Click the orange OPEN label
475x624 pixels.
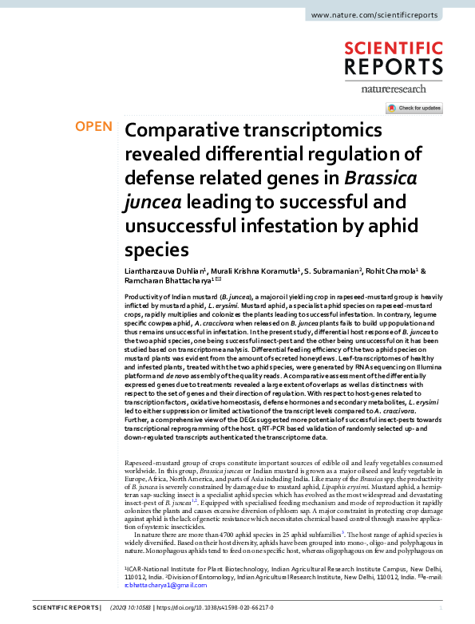[93, 127]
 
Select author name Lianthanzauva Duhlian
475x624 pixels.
[164, 272]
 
